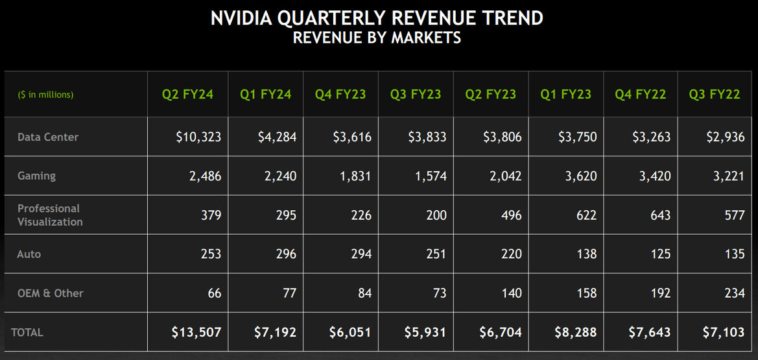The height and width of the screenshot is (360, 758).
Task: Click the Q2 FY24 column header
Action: [x=187, y=94]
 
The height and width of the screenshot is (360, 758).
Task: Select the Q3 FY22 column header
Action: [x=715, y=94]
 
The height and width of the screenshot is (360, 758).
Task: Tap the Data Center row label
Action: [x=48, y=137]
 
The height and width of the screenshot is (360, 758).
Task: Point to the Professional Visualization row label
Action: [x=50, y=215]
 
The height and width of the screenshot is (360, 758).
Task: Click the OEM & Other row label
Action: [x=50, y=293]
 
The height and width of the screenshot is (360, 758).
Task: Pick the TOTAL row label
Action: [x=27, y=332]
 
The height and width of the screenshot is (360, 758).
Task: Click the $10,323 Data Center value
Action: [x=198, y=137]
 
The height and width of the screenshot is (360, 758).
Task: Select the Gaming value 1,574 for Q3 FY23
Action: [x=427, y=176]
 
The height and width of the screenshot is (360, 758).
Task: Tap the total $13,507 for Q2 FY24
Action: [x=196, y=332]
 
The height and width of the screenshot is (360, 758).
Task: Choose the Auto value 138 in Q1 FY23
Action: [x=586, y=254]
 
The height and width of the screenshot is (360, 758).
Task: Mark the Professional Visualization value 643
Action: [x=661, y=215]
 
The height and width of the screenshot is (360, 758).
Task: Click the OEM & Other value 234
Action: [x=735, y=293]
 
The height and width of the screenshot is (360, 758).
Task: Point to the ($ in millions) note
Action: [x=45, y=95]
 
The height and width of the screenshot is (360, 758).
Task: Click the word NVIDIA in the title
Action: [x=241, y=18]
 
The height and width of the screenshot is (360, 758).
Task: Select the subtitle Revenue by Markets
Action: [x=377, y=38]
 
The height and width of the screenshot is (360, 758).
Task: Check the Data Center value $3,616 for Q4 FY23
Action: [x=353, y=137]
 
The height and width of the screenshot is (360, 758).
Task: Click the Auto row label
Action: [x=29, y=254]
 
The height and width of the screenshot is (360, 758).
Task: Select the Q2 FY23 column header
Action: [x=491, y=94]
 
